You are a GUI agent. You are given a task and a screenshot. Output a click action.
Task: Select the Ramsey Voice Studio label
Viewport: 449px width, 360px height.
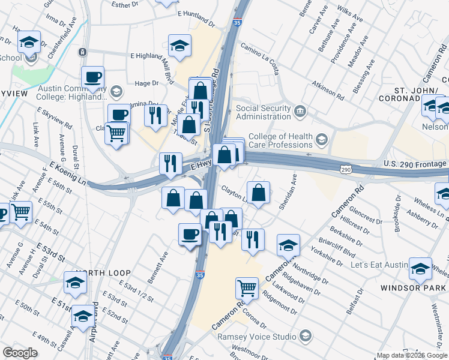point(258,336)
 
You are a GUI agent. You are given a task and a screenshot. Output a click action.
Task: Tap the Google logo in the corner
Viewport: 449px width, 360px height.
point(20,353)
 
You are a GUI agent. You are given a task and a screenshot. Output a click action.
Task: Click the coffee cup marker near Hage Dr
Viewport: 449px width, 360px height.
point(93,77)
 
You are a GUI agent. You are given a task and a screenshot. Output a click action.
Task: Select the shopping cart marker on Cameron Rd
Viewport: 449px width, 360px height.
point(247,289)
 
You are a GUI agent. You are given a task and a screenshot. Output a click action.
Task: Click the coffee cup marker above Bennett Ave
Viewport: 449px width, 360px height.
point(190,234)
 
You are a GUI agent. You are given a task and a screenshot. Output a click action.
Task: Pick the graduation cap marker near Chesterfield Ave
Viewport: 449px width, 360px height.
point(29,43)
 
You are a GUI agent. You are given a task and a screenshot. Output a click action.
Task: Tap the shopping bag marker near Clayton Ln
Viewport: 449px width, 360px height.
point(258,193)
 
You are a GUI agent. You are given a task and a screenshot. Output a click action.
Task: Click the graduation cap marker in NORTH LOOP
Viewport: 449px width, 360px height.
point(75,283)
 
